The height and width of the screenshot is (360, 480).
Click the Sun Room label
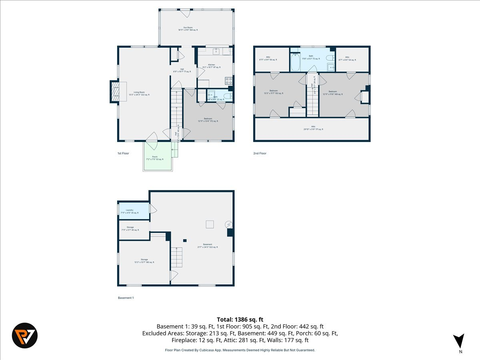(188, 29)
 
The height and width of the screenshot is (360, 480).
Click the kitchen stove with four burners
(229, 81)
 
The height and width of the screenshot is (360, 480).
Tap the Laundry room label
(130, 211)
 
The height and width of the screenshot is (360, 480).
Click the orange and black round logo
(25, 335)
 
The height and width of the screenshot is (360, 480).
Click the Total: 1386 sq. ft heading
(240, 319)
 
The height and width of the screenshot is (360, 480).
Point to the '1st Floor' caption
(123, 153)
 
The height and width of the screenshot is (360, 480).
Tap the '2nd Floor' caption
(260, 153)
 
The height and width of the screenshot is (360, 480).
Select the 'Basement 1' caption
(126, 298)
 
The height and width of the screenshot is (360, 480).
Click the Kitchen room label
(211, 66)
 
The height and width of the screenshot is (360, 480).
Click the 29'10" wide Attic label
(313, 128)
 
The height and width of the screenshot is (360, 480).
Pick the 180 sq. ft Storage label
(144, 261)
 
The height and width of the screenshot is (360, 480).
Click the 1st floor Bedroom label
(208, 120)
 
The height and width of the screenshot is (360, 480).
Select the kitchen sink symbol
(216, 51)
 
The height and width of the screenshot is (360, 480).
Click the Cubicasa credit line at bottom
(240, 350)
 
